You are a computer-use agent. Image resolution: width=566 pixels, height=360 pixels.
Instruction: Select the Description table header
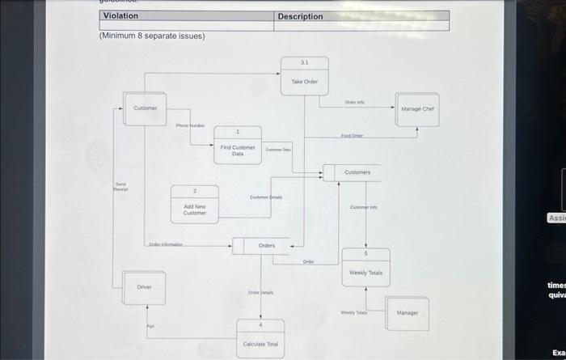pos(300,16)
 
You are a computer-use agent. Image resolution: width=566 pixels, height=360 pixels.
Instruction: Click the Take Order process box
pos(305,77)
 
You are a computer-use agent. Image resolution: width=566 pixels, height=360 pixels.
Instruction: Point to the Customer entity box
pos(146,108)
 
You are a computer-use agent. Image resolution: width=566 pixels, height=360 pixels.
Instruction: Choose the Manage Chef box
pos(418,108)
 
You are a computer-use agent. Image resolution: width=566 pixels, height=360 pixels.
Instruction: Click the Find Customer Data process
pos(237,146)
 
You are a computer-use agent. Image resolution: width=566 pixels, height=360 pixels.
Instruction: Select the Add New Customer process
pos(194,205)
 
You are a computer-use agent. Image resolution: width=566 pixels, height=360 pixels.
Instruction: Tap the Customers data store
pos(357,172)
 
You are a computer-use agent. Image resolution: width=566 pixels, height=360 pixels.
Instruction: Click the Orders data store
pos(265,245)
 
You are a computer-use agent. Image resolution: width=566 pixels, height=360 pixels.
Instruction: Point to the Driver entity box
pos(144,288)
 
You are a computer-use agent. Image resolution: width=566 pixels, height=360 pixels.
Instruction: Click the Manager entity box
pos(408,312)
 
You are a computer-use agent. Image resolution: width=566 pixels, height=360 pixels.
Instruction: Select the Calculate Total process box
pos(260,337)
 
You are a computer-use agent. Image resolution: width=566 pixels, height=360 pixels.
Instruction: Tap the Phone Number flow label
pos(190,126)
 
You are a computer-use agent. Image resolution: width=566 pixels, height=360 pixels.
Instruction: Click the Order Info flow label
pos(354,103)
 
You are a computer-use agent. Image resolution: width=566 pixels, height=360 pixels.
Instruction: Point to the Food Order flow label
pos(352,136)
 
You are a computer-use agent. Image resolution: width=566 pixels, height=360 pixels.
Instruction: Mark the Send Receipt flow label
pos(120,187)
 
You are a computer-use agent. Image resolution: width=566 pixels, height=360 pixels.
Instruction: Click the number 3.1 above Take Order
pos(304,62)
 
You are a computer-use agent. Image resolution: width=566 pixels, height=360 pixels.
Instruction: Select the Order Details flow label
pos(260,292)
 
